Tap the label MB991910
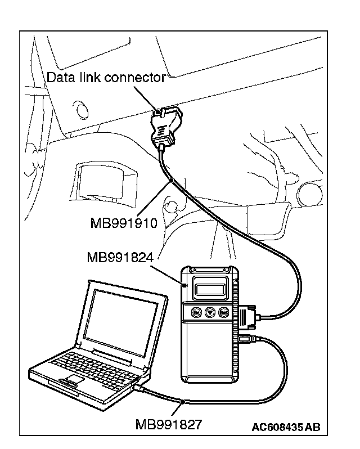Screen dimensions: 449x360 123,223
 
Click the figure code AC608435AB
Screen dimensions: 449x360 286,428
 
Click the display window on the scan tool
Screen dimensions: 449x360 210,289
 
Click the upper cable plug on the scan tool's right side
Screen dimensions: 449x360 247,317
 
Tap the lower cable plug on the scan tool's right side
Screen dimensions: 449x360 245,339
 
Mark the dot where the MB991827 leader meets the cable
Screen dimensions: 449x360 183,401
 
